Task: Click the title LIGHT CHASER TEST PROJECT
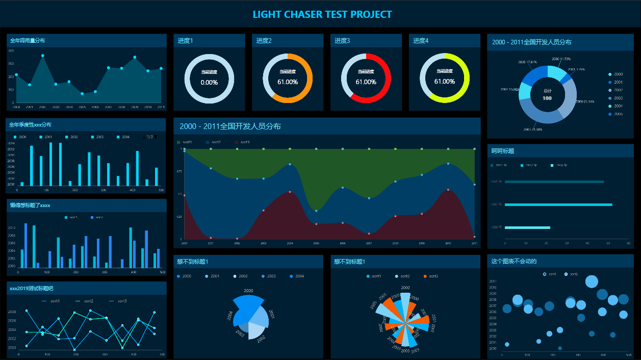pos(322,14)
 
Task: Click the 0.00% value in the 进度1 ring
pos(209,83)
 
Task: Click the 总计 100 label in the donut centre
pos(547,94)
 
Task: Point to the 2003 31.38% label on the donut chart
pos(532,130)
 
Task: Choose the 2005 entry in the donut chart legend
pos(618,114)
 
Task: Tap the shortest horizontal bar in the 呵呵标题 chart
pos(527,227)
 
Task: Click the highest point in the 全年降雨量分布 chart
pos(43,56)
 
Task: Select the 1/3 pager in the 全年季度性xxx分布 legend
pos(149,137)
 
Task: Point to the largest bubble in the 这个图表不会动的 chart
pos(592,281)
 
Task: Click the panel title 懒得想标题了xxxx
pos(30,205)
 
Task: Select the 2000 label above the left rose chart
pos(248,291)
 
